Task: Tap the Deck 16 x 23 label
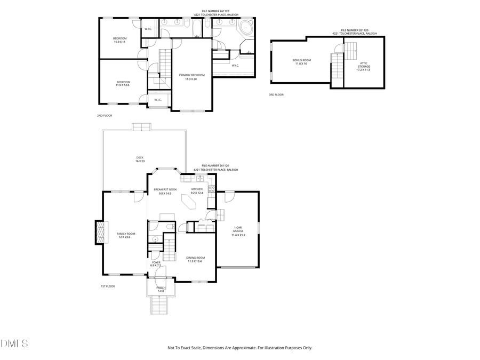(x=140, y=159)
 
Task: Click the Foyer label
(x=156, y=263)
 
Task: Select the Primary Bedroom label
(x=191, y=77)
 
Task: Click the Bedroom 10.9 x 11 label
(x=119, y=39)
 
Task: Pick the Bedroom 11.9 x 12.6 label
(x=123, y=83)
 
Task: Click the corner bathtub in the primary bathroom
(x=247, y=29)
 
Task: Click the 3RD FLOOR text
(x=276, y=94)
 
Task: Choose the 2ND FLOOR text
(x=105, y=115)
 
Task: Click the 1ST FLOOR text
(x=108, y=286)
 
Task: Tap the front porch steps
(x=159, y=307)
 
